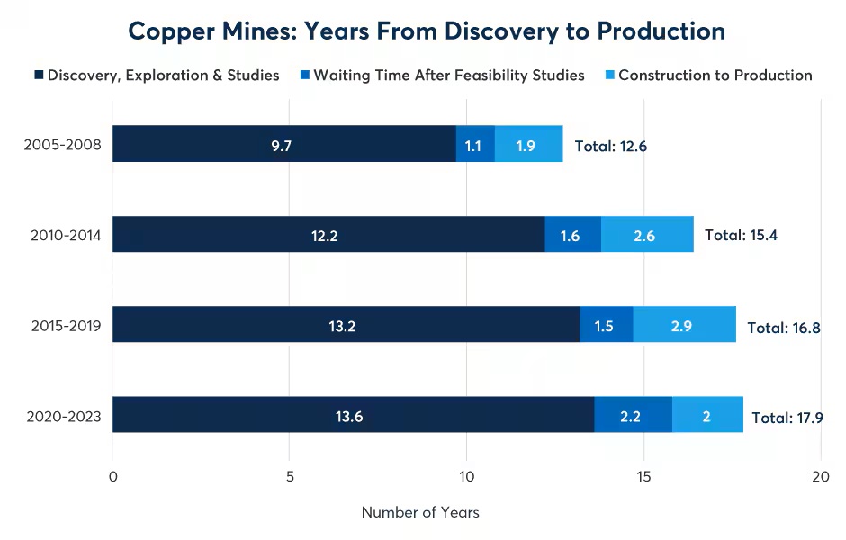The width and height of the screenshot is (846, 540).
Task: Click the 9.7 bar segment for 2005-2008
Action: [283, 144]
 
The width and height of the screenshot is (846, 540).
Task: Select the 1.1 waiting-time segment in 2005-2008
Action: [475, 144]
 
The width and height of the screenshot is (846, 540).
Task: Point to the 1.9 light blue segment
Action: [528, 144]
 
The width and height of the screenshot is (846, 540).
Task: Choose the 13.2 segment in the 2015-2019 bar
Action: [346, 324]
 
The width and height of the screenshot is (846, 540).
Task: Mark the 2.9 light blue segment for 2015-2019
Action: [684, 324]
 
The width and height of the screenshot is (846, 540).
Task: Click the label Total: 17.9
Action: [787, 418]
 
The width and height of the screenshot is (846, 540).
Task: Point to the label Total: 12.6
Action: [611, 147]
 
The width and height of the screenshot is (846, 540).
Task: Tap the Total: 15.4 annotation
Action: [741, 236]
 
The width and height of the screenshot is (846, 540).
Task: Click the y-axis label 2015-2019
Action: [64, 326]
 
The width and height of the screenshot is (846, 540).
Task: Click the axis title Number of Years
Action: [420, 512]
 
